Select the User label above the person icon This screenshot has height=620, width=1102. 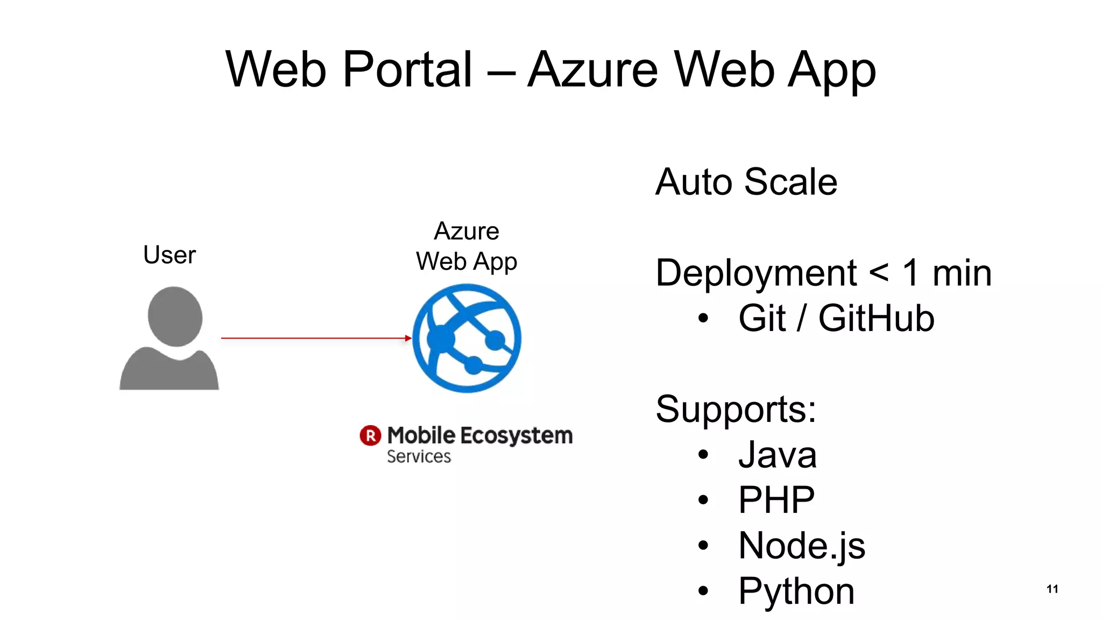[169, 255]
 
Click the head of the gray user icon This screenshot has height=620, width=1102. [175, 316]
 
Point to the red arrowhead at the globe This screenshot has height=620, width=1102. [408, 338]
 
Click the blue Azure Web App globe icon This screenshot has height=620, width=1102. [467, 338]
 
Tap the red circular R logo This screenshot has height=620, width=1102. [370, 435]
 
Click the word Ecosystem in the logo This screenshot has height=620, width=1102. [517, 435]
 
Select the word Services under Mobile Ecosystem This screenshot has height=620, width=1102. [419, 456]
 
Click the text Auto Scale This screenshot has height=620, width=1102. [746, 182]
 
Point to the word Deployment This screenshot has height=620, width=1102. [755, 273]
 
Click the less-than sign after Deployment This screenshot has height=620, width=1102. [879, 273]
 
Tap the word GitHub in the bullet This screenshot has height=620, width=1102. [876, 318]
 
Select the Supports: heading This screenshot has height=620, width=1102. [736, 409]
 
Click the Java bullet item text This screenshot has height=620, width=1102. [777, 455]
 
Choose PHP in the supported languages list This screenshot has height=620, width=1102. [776, 500]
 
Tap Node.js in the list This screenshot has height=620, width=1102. [801, 546]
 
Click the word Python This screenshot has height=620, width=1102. [796, 591]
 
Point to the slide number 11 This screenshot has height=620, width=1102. [1052, 589]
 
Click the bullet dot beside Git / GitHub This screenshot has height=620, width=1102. [703, 318]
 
